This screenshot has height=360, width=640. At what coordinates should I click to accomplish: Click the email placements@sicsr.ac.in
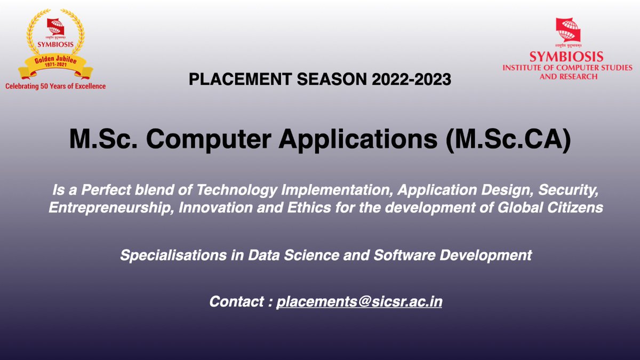click(x=359, y=302)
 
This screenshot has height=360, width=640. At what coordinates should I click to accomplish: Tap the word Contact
click(x=237, y=301)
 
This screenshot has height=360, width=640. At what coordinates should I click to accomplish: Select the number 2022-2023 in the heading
click(x=411, y=79)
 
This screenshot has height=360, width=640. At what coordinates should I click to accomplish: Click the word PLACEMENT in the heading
click(x=241, y=79)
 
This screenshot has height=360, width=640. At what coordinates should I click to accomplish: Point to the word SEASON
click(x=332, y=79)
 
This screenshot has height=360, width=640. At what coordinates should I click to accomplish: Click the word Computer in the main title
click(x=209, y=139)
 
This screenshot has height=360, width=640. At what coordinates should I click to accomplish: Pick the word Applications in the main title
click(x=358, y=140)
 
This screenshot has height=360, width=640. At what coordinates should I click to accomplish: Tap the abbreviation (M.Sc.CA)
click(x=508, y=139)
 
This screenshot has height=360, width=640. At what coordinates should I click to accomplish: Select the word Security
click(x=569, y=190)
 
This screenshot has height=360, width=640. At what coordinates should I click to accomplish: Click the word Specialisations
click(x=173, y=255)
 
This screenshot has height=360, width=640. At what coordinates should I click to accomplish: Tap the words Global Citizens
click(x=550, y=207)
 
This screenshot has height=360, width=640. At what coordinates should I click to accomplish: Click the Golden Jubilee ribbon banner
click(x=55, y=65)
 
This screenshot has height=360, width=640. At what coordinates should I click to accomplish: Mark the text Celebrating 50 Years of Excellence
click(x=55, y=86)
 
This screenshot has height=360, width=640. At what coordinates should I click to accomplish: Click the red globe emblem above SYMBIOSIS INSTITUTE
click(x=569, y=30)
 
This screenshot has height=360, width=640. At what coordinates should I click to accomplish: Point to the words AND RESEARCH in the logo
click(x=569, y=77)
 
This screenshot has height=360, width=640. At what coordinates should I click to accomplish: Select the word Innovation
click(x=215, y=207)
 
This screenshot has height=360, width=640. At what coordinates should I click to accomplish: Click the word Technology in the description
click(x=237, y=190)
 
